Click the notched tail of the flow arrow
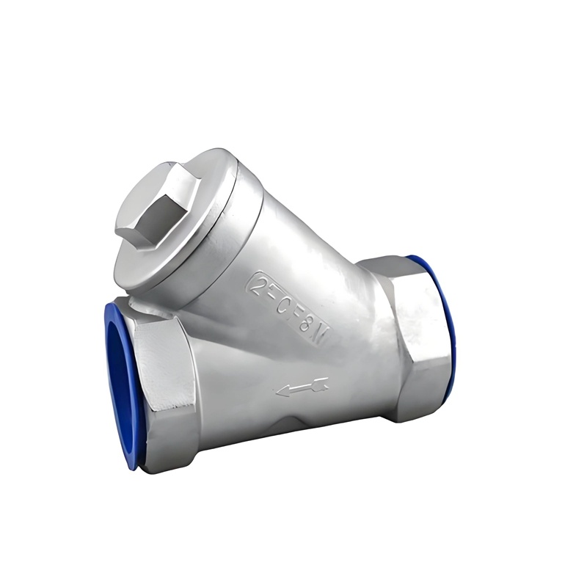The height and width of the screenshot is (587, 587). [323, 382]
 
